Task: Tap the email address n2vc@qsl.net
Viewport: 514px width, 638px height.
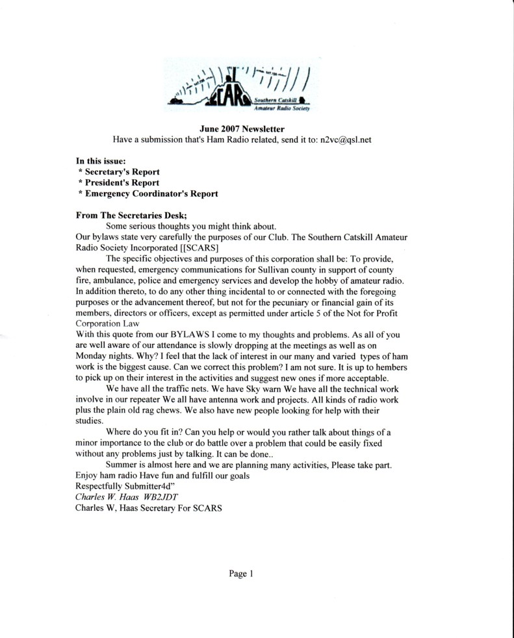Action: click(x=341, y=140)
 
